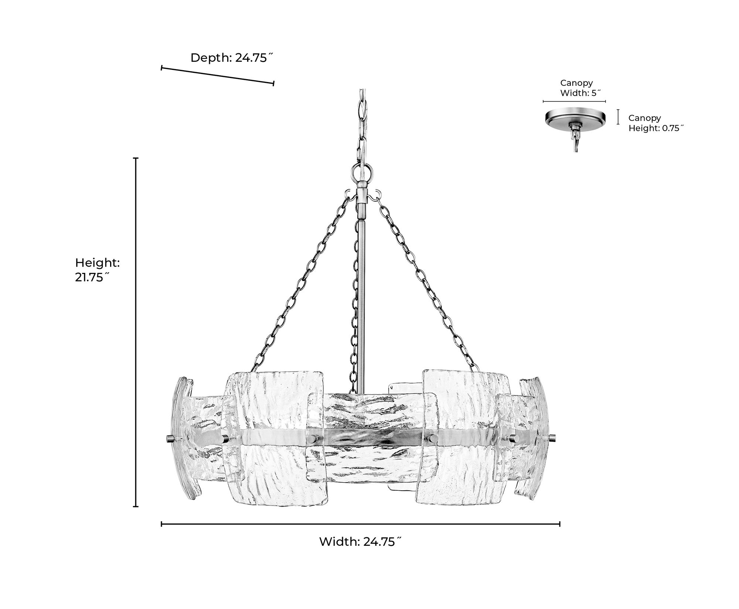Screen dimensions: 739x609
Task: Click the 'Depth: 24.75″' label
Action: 232,58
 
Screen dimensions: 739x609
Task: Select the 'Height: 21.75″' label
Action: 98,270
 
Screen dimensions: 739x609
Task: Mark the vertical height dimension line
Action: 136,332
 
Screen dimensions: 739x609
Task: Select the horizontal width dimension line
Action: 361,524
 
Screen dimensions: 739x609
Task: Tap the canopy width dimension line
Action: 574,101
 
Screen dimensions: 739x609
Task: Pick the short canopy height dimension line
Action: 618,116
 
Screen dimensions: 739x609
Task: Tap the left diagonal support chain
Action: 299,284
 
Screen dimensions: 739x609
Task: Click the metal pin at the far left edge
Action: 169,439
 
